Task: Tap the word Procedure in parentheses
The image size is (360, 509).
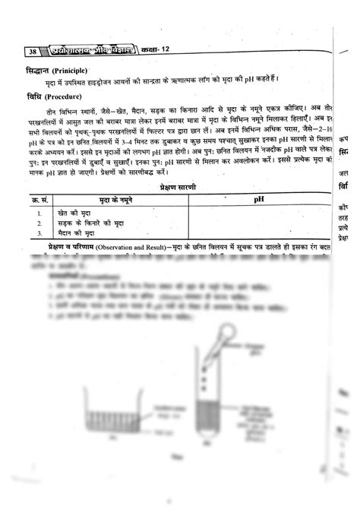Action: pyautogui.click(x=60, y=97)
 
